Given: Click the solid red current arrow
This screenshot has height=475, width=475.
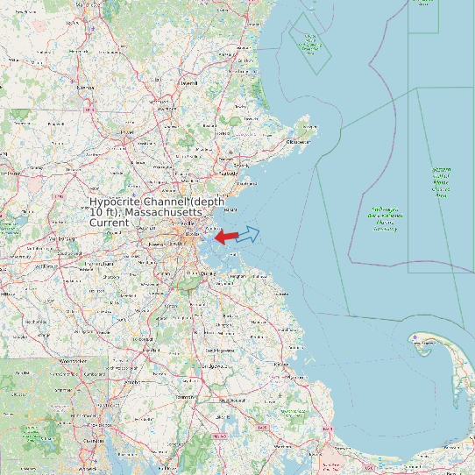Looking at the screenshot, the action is click(x=225, y=237).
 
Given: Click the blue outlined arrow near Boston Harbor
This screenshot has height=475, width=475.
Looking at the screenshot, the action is click(x=248, y=234).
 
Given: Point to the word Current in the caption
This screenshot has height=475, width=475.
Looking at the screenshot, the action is click(x=110, y=223).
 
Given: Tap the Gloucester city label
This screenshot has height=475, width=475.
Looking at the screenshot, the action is click(x=298, y=141).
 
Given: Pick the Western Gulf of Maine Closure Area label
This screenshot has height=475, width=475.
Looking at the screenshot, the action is click(x=441, y=181).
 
